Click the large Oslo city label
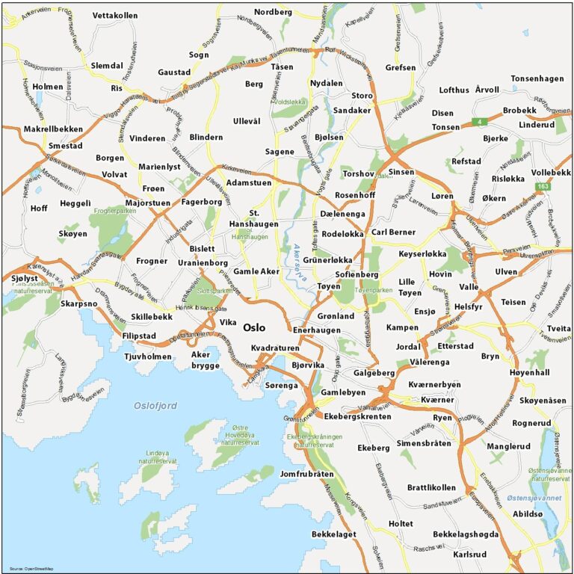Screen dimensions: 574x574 tap(254, 327)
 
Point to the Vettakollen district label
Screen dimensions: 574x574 tap(116, 15)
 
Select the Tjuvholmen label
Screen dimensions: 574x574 tap(148, 356)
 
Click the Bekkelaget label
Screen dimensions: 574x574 tap(334, 534)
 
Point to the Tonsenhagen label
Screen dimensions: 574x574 tap(537, 78)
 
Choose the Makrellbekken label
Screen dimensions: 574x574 tap(53, 129)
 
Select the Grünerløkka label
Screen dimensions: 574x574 tap(327, 260)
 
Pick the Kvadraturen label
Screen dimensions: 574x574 tap(275, 348)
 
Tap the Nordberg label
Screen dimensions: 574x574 tap(273, 12)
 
